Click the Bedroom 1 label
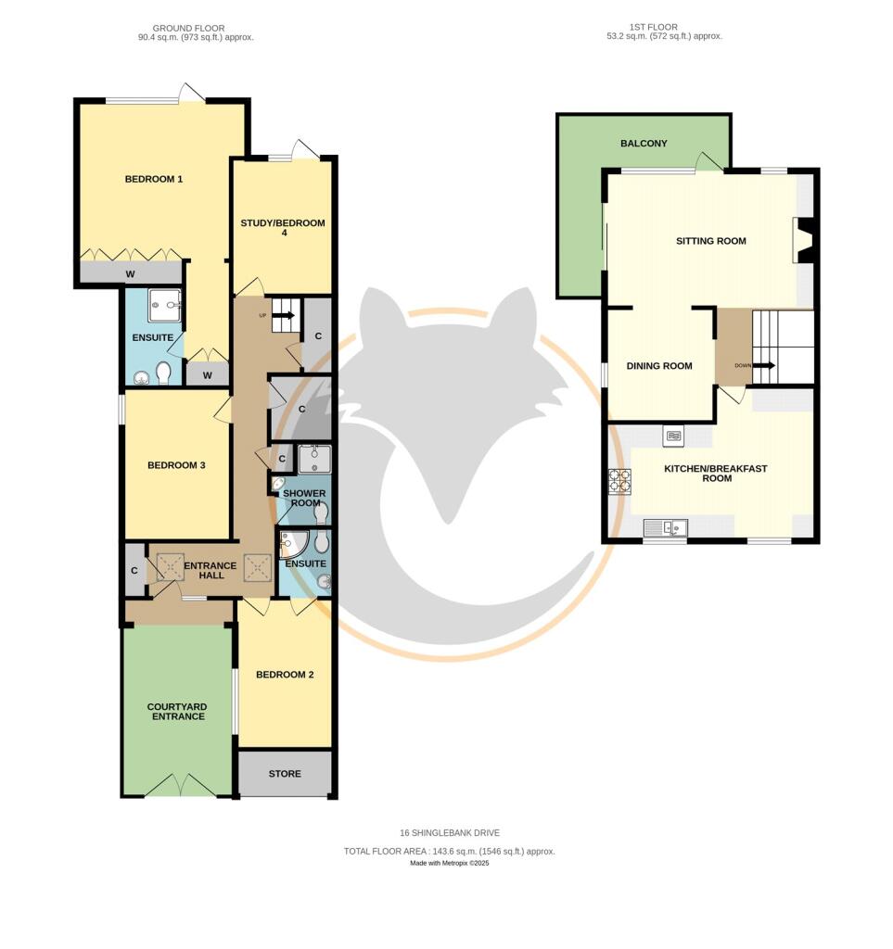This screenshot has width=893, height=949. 154,179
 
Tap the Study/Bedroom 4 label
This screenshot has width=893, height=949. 283,228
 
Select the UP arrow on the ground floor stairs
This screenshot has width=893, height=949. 286,315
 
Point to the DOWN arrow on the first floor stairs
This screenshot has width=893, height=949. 763,365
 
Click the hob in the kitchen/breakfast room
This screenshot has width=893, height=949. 619,482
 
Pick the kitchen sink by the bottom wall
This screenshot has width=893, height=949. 666,528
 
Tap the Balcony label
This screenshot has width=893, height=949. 644,144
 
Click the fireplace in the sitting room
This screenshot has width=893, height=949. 804,241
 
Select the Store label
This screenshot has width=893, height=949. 285,774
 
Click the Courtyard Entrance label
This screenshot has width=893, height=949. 177,712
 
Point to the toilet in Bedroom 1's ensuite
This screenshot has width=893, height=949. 163,373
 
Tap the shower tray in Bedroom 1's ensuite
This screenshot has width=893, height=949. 165,306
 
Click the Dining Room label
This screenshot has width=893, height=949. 659,366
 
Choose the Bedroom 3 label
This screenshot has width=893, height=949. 176,465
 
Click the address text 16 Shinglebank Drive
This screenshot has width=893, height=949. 449,833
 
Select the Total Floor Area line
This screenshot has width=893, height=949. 449,852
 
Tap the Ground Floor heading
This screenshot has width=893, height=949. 188,29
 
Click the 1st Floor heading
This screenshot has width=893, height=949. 653,27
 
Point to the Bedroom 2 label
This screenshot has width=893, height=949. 285,675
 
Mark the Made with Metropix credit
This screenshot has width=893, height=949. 449,863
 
